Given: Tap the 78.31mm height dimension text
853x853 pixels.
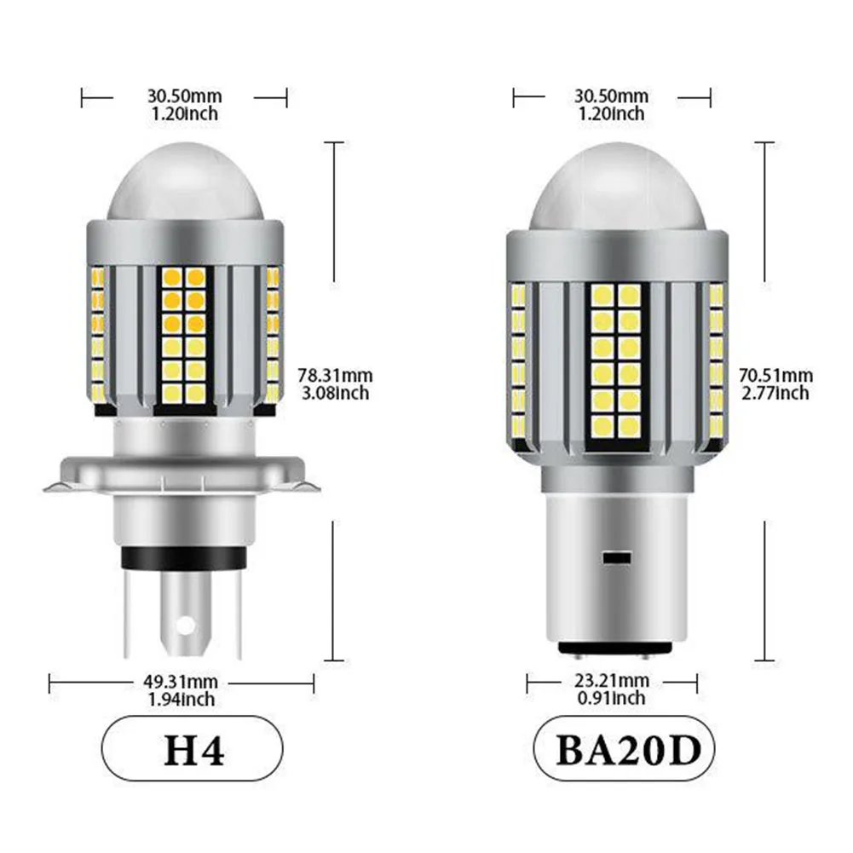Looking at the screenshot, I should click(x=335, y=374).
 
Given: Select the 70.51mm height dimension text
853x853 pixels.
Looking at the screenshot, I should click(x=775, y=375).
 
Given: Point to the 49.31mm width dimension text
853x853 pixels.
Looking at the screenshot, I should click(x=181, y=682).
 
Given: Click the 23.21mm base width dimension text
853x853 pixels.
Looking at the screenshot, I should click(x=611, y=681).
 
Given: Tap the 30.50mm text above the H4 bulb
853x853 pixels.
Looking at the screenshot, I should click(x=183, y=95).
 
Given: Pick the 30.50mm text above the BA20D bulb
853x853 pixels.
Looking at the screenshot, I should click(x=611, y=95).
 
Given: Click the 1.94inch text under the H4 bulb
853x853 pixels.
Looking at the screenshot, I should click(x=181, y=700).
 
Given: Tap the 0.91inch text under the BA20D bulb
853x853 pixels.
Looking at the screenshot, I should click(x=611, y=699).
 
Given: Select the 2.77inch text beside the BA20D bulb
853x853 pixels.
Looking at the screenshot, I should click(x=775, y=393).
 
